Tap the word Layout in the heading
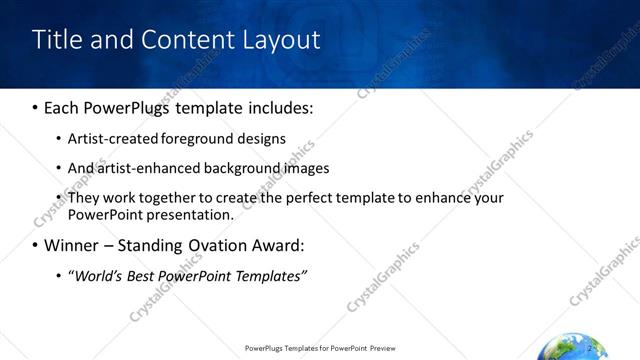click(277, 40)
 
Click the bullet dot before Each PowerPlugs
click(36, 107)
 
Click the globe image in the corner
click(572, 349)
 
